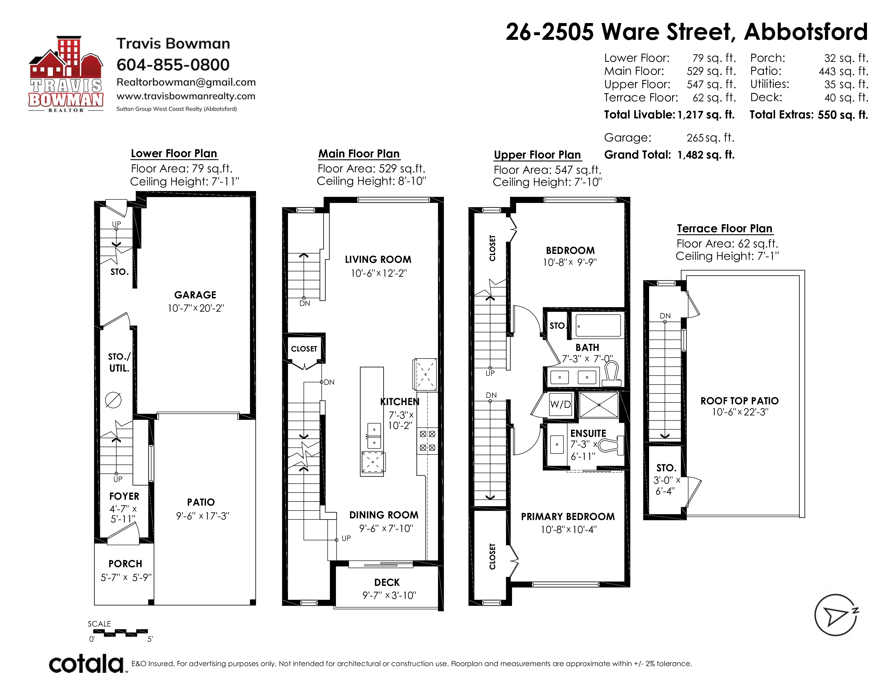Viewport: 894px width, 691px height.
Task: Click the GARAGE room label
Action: point(195,295)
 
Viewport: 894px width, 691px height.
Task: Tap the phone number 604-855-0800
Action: point(173,65)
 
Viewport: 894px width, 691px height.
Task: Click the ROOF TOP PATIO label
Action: point(739,401)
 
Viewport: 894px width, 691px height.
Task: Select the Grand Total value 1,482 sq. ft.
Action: point(706,155)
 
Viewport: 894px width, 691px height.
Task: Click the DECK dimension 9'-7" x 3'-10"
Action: point(389,595)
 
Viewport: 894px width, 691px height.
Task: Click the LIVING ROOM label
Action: point(378,260)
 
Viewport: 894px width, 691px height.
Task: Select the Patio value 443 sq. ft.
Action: point(843,71)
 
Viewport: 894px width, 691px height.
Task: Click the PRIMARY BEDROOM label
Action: point(568,516)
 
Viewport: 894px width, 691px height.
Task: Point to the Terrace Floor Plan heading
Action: point(724,228)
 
